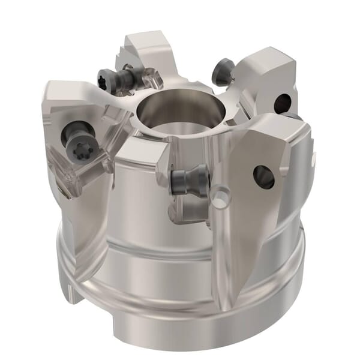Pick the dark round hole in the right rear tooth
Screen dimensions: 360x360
pyautogui.click(x=281, y=103)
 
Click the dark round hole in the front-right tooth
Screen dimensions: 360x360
pyautogui.click(x=263, y=176)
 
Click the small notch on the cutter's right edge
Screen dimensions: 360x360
pyautogui.click(x=313, y=158)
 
